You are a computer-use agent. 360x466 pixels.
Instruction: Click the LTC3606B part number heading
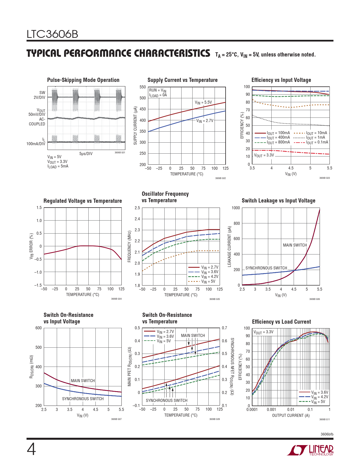coord(52,34)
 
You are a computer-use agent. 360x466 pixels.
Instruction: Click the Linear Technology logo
coord(310,450)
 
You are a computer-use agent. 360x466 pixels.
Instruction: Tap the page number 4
coord(31,450)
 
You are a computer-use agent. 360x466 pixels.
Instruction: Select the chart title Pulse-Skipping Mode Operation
coord(83,80)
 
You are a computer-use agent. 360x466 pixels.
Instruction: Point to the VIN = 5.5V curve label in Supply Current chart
coord(203,102)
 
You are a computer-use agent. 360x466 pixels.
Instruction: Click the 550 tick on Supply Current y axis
coord(143,87)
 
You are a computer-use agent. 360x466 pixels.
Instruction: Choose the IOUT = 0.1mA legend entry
coord(317,142)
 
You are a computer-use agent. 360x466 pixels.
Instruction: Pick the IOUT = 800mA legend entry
coord(278,142)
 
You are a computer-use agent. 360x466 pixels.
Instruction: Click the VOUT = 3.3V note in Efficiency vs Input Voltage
coord(264,155)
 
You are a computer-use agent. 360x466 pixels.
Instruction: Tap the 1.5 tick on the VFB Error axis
coord(39,208)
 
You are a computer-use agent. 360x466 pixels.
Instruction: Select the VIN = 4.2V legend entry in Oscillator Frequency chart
coord(210,277)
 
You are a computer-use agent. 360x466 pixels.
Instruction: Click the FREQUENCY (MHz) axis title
coord(130,247)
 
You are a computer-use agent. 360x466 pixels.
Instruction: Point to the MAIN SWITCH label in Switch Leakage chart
coord(295,245)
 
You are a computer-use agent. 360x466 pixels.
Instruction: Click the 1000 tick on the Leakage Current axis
coord(236,208)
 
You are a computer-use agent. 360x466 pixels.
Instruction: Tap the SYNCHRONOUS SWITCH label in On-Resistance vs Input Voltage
coord(83,399)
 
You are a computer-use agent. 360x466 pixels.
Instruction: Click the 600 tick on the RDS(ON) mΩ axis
coord(38,328)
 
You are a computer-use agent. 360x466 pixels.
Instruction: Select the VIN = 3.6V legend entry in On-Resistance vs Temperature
coord(165,336)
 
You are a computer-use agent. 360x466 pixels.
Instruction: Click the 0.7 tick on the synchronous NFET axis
coord(224,328)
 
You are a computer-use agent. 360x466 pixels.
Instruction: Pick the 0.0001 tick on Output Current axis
coord(252,410)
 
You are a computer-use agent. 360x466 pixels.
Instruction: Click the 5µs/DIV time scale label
coord(86,154)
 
